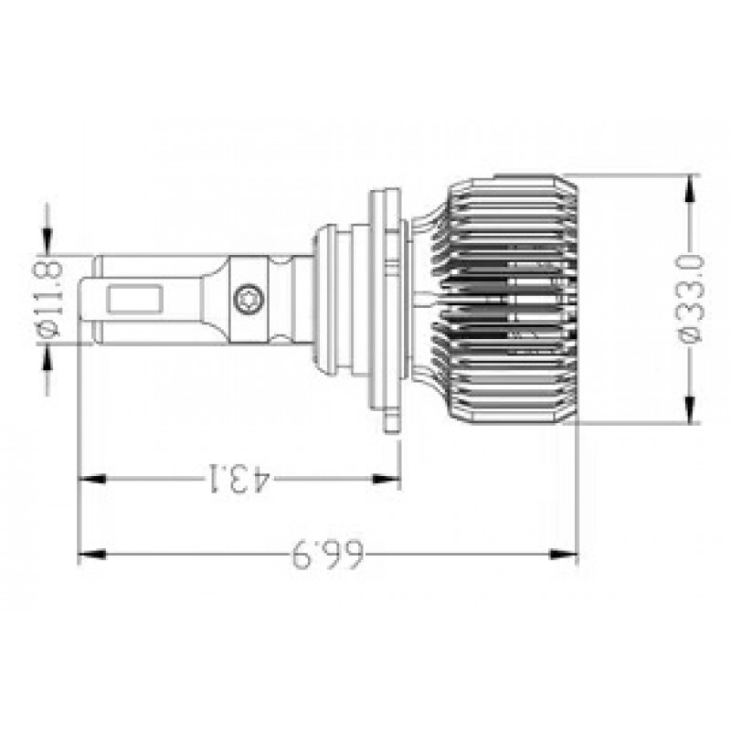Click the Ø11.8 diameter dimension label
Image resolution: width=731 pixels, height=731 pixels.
[49, 299]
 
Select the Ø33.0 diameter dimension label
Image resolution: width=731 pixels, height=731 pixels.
[691, 299]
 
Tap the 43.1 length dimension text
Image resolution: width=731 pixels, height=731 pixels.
[238, 478]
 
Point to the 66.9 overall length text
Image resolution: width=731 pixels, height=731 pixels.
[327, 555]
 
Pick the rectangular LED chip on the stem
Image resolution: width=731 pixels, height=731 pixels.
[134, 299]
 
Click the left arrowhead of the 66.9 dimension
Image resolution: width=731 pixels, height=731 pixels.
[92, 555]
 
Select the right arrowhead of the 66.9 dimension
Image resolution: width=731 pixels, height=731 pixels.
[564, 555]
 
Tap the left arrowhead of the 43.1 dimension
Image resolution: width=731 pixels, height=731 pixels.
[92, 479]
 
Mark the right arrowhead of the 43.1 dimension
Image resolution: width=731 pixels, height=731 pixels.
[387, 479]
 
